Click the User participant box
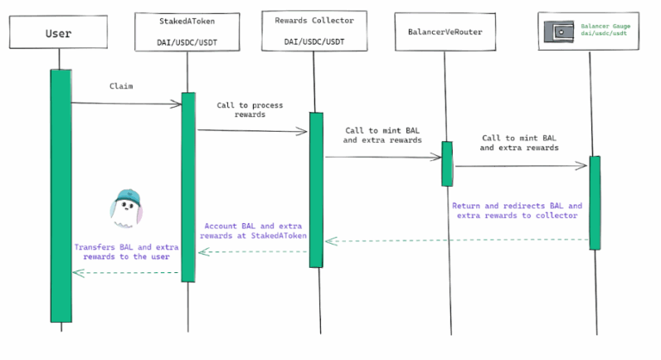pyautogui.click(x=58, y=34)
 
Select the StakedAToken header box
pyautogui.click(x=188, y=31)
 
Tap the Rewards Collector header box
pyautogui.click(x=313, y=31)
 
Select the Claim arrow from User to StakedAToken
pyautogui.click(x=126, y=104)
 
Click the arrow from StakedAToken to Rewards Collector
pyautogui.click(x=252, y=131)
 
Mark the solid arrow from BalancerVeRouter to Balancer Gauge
pyautogui.click(x=522, y=166)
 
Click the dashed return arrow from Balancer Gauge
pyautogui.click(x=456, y=241)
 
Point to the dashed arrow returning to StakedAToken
pyautogui.click(x=253, y=252)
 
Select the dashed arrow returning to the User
pyautogui.click(x=126, y=273)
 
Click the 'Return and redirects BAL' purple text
pyautogui.click(x=516, y=211)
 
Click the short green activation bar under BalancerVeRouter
pyautogui.click(x=447, y=164)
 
